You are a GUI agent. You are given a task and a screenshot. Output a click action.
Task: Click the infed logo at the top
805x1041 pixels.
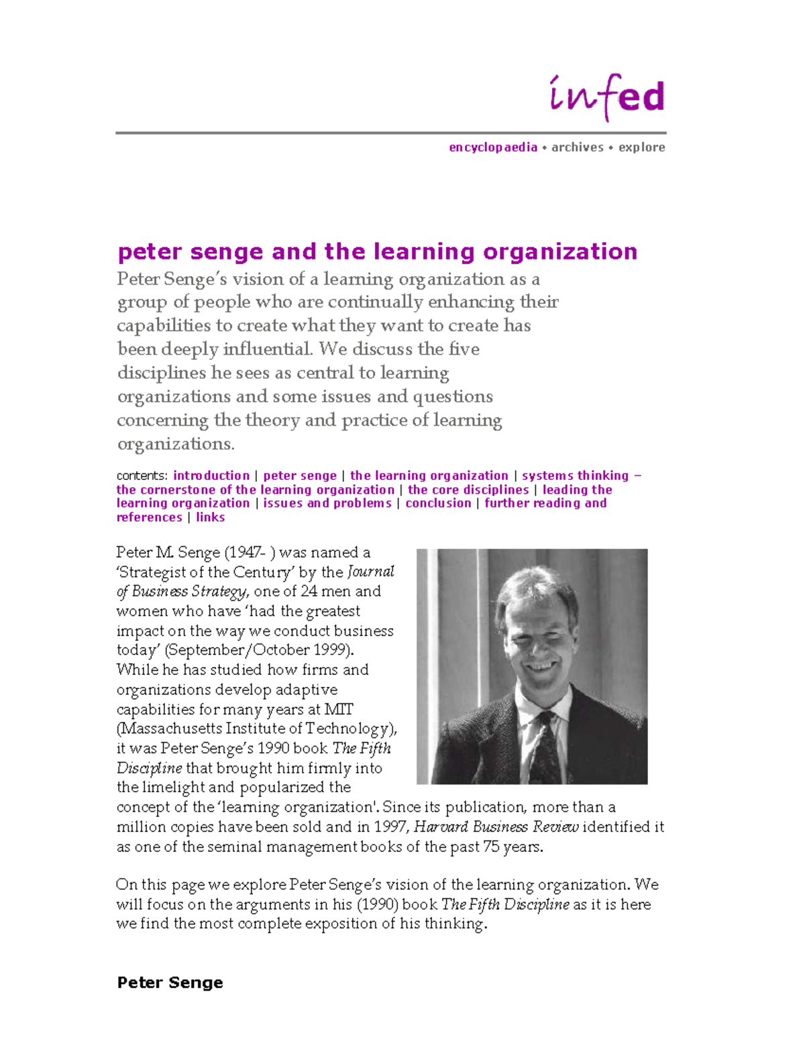[607, 97]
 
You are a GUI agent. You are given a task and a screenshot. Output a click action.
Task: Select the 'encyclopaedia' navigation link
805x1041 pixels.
[493, 147]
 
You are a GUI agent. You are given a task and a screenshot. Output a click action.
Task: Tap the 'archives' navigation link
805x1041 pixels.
[578, 147]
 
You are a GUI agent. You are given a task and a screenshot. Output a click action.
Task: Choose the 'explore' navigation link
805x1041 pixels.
[641, 147]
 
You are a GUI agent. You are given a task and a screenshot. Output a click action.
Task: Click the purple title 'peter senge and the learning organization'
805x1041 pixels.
[377, 252]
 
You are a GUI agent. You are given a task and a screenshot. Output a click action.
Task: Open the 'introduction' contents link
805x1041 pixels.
[211, 476]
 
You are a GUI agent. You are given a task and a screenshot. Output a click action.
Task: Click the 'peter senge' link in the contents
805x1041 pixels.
[300, 476]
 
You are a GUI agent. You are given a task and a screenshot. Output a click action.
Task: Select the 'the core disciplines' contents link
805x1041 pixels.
[468, 490]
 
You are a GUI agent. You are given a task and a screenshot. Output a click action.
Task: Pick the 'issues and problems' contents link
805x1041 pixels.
[327, 503]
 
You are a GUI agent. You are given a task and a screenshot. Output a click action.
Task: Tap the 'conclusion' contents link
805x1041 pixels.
[438, 503]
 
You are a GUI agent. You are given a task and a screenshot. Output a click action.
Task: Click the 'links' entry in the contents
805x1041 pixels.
[210, 517]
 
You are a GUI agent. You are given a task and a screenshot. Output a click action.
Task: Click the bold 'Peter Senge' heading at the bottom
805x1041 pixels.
[170, 983]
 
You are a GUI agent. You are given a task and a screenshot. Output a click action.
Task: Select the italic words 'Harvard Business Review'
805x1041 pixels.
[496, 827]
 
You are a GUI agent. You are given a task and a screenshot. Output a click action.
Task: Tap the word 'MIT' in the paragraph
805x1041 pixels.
[339, 709]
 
